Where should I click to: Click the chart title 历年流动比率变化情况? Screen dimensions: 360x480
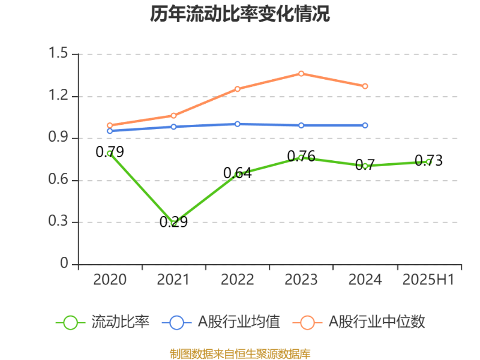[240, 14]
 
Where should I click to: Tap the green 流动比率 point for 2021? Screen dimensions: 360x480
[174, 223]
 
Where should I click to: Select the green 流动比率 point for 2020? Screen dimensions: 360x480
[110, 153]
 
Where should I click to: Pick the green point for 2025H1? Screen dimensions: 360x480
[429, 161]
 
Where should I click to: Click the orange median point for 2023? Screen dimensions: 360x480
[301, 73]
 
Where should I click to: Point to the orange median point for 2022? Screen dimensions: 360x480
[238, 89]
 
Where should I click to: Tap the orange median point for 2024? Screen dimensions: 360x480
[365, 86]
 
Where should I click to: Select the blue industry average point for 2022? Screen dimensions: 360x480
[238, 124]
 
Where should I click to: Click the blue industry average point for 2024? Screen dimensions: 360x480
[365, 125]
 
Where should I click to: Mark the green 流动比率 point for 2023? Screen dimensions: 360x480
[301, 157]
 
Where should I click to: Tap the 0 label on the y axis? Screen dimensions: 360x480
[65, 264]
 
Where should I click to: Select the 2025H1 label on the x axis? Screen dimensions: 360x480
[429, 280]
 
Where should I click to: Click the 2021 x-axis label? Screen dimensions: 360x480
[174, 280]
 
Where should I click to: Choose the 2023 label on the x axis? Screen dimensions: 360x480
[301, 280]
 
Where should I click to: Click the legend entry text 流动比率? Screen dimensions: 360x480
[120, 322]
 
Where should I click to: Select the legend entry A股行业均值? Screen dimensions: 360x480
[239, 322]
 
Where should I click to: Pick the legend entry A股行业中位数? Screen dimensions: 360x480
[377, 322]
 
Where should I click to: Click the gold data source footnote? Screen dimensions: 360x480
[240, 353]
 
